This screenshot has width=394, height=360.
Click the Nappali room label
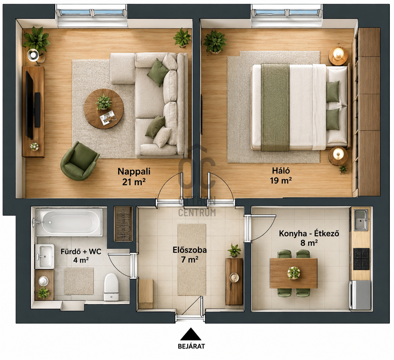[134, 171]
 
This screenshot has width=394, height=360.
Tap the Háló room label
[281, 171]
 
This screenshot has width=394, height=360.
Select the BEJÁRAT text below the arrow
[191, 346]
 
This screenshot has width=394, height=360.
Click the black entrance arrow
[191, 334]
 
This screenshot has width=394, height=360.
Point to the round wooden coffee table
[104, 109]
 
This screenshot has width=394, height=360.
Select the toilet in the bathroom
[111, 287]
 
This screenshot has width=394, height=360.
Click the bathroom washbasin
[44, 256]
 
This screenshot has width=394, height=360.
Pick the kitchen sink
[361, 220]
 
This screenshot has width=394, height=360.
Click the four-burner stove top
[361, 259]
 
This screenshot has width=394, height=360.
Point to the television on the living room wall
[29, 105]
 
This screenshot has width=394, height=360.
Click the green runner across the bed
[275, 107]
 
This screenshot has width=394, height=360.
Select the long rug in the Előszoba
[192, 260]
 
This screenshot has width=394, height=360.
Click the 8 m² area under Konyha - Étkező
[309, 243]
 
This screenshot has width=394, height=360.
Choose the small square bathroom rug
[79, 281]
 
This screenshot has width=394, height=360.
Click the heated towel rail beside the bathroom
[123, 223]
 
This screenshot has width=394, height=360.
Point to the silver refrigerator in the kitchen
[360, 295]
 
